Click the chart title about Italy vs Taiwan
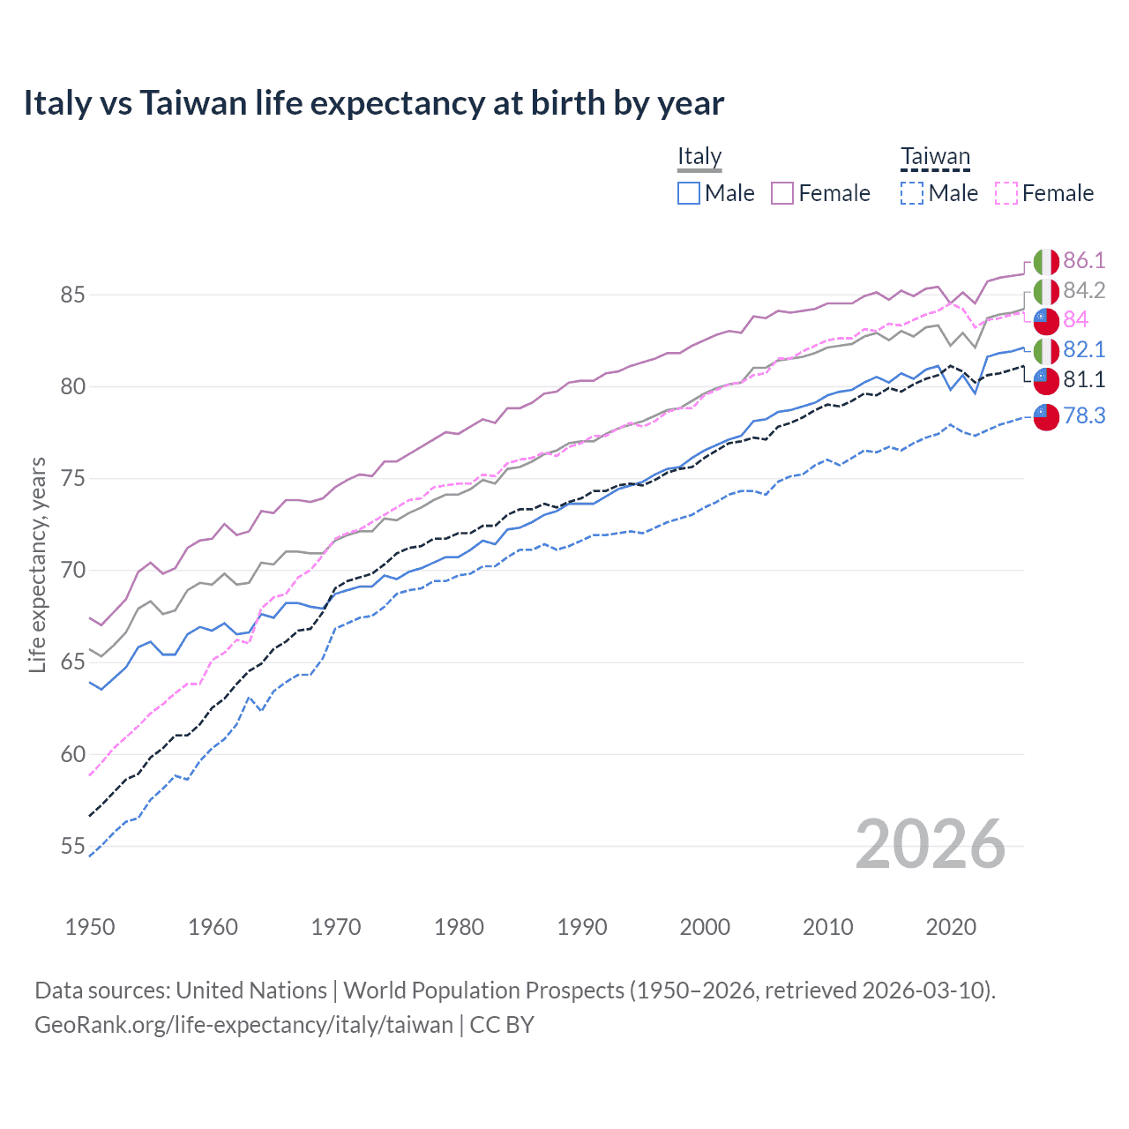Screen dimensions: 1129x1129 (x=373, y=103)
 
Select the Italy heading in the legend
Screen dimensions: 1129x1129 (x=699, y=157)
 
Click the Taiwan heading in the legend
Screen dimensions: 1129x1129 (x=935, y=158)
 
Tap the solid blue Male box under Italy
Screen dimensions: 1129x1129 (x=689, y=193)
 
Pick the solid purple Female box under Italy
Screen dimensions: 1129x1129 (x=782, y=193)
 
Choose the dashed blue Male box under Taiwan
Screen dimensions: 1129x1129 (x=912, y=193)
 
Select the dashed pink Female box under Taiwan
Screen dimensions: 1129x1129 (x=1006, y=193)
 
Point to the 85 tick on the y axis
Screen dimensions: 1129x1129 (x=72, y=295)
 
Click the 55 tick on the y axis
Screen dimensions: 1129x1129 (x=72, y=847)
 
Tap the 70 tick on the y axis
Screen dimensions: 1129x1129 (x=72, y=571)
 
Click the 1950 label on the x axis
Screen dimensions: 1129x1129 (x=90, y=927)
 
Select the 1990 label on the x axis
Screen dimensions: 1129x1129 (x=582, y=927)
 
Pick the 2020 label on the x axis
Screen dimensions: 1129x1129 (x=951, y=927)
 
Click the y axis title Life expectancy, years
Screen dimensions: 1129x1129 (x=37, y=564)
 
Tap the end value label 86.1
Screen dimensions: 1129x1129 (x=1084, y=260)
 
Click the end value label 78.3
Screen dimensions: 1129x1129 (x=1084, y=415)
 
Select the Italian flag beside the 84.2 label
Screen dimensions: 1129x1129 (x=1046, y=291)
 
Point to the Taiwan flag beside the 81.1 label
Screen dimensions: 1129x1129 (x=1046, y=380)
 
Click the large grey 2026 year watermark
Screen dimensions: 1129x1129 (x=931, y=844)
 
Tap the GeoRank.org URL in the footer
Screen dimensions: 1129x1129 (x=243, y=1025)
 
